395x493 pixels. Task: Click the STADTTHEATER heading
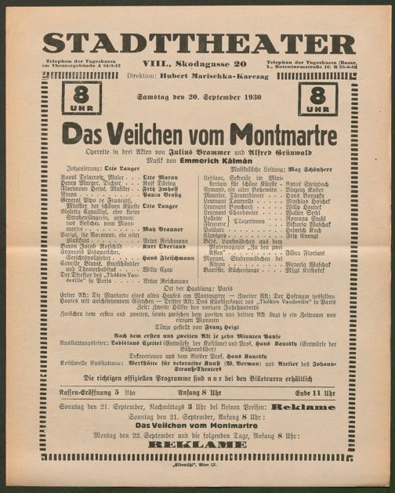[x=197, y=44]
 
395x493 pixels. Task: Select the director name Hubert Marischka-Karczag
[x=216, y=76]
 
